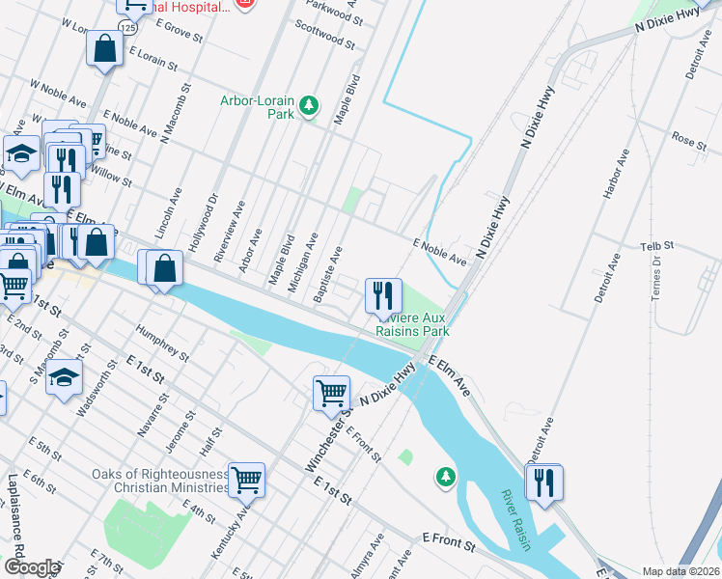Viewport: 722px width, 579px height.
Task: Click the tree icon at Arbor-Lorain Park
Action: [x=308, y=105]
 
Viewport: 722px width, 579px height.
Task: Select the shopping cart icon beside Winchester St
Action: [x=331, y=392]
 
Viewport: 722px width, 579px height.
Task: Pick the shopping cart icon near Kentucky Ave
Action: [x=246, y=478]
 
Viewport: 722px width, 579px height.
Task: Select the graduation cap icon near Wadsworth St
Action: [x=64, y=376]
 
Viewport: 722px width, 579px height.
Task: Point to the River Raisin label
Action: [x=516, y=520]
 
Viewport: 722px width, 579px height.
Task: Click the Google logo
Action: [x=32, y=567]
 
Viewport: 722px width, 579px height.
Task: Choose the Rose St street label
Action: [x=689, y=141]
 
